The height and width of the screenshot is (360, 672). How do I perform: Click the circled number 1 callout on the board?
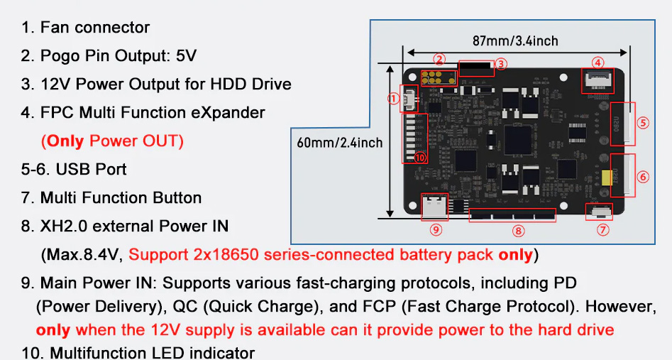pos(394,99)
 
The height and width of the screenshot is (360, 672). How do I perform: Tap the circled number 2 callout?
pos(439,59)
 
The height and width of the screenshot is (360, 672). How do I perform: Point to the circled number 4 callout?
pos(597,62)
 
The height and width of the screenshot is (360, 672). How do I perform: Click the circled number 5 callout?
pos(643,122)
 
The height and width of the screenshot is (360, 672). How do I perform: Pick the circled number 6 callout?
pos(643,176)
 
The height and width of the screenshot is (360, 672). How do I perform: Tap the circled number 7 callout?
pos(603,229)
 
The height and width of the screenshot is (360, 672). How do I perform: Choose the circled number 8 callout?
pos(518,229)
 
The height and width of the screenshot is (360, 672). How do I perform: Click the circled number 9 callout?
pos(436,229)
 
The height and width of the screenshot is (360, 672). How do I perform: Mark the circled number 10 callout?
pos(419,158)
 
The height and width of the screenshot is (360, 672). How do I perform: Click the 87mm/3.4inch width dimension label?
pos(515,40)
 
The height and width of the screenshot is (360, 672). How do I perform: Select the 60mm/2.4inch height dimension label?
pos(340,143)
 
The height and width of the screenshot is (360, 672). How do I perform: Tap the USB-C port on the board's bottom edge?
pos(434,207)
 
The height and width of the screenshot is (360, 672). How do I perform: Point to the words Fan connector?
pos(95,28)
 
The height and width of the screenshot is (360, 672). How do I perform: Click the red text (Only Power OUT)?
pos(113,141)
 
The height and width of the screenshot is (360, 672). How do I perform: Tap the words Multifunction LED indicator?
pos(148,352)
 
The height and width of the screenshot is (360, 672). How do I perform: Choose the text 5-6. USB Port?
pos(74,169)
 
